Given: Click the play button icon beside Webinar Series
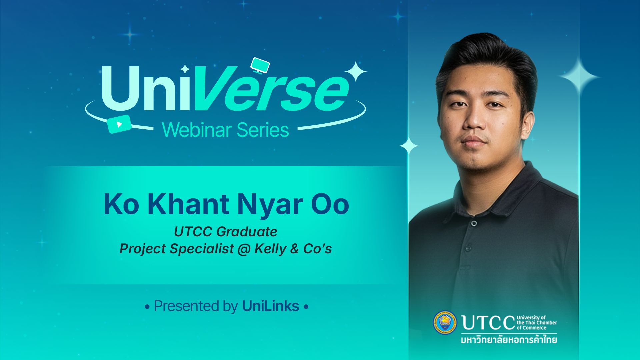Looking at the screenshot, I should pyautogui.click(x=119, y=124).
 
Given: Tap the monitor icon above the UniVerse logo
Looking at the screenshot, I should pyautogui.click(x=260, y=65).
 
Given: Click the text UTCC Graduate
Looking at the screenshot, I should pyautogui.click(x=226, y=231).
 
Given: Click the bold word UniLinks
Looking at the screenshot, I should pyautogui.click(x=270, y=306).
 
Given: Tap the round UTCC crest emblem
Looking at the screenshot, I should pyautogui.click(x=445, y=322).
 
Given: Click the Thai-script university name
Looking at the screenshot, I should pyautogui.click(x=509, y=340).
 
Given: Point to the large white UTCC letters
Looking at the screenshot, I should pyautogui.click(x=488, y=323).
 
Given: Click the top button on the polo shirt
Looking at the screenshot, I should pyautogui.click(x=474, y=223).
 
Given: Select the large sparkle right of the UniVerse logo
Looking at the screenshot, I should pyautogui.click(x=356, y=71).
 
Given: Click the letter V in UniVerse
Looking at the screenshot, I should pyautogui.click(x=213, y=88).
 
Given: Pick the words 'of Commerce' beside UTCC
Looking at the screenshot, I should pyautogui.click(x=531, y=328).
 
